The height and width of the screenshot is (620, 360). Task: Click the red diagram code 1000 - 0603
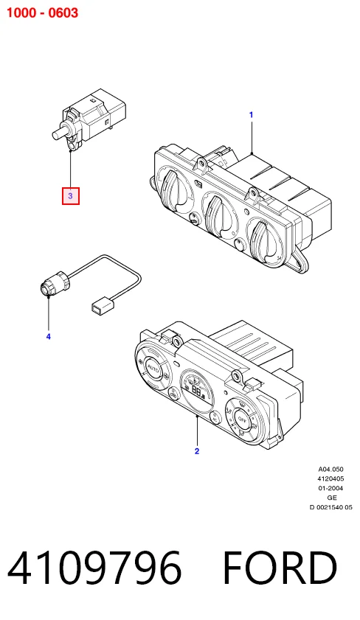[42, 13]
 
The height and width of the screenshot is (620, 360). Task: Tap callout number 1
[251, 115]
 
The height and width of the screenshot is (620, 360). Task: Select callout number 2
[197, 451]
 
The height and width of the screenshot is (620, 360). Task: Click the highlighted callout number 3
[70, 195]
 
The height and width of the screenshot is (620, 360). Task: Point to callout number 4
[48, 337]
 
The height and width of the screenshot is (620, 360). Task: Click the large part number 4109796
[94, 568]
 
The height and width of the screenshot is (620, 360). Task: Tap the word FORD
[280, 568]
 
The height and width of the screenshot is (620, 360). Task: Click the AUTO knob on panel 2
[153, 369]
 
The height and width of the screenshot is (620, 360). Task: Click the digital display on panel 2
[197, 390]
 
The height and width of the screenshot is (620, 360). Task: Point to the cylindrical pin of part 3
[60, 132]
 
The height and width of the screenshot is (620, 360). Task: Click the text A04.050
[330, 470]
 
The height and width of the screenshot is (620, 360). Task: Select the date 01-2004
[330, 488]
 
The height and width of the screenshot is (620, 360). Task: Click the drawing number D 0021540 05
[330, 507]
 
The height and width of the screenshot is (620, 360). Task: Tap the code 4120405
[330, 479]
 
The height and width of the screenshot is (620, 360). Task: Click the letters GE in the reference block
[332, 498]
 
